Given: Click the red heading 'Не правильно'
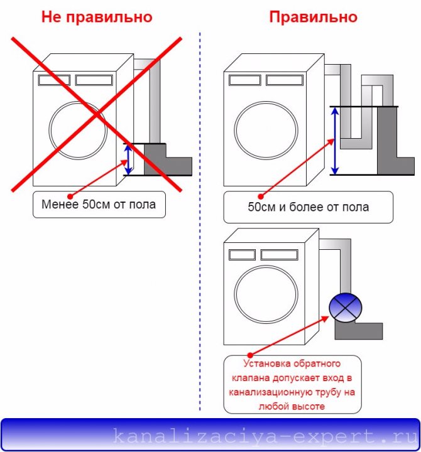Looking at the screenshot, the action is [x=97, y=17].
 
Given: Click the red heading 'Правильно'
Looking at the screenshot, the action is [x=314, y=17].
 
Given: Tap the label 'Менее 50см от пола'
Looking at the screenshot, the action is [x=99, y=205].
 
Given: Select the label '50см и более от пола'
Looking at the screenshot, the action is [x=308, y=207].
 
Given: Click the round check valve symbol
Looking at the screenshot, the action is [x=345, y=308].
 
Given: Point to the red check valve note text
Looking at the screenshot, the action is [x=292, y=385].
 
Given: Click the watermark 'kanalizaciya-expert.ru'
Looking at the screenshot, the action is [x=265, y=436].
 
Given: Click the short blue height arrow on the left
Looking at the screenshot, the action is [x=128, y=159].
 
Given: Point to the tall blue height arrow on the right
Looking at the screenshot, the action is [x=335, y=141].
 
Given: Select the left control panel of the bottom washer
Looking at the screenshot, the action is [x=242, y=255].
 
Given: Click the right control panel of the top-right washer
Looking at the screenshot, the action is [x=285, y=80].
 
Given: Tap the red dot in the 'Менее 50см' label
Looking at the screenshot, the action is [x=70, y=196].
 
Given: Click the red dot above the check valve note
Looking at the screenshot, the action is [x=250, y=355].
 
